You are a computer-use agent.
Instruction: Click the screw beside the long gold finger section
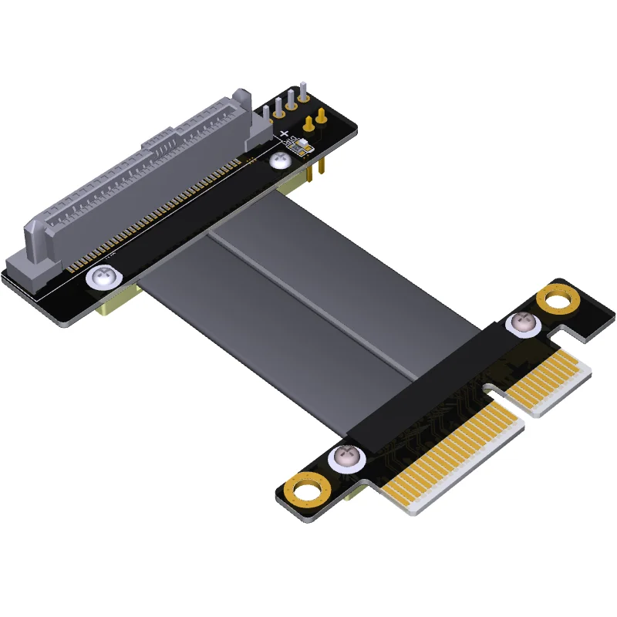click(345, 459)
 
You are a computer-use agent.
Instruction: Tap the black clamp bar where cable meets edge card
click(432, 378)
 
